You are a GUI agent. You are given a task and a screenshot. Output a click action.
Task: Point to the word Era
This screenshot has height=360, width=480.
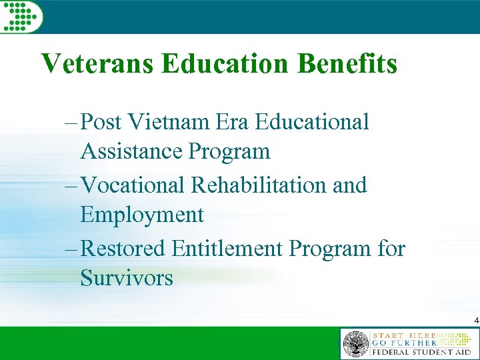click(x=234, y=122)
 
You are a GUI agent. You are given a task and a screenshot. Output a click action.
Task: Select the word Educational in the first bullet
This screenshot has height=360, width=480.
click(x=313, y=122)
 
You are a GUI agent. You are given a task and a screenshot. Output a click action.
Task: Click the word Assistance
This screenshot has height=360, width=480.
click(x=132, y=151)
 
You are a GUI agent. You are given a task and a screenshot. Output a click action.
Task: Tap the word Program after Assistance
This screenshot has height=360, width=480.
click(x=230, y=153)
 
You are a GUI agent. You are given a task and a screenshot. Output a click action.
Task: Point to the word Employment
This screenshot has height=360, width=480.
click(x=142, y=215)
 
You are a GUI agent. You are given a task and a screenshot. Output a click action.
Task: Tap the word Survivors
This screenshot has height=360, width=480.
click(x=127, y=277)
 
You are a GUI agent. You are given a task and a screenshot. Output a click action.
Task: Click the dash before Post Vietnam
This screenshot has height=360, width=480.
click(x=73, y=123)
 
